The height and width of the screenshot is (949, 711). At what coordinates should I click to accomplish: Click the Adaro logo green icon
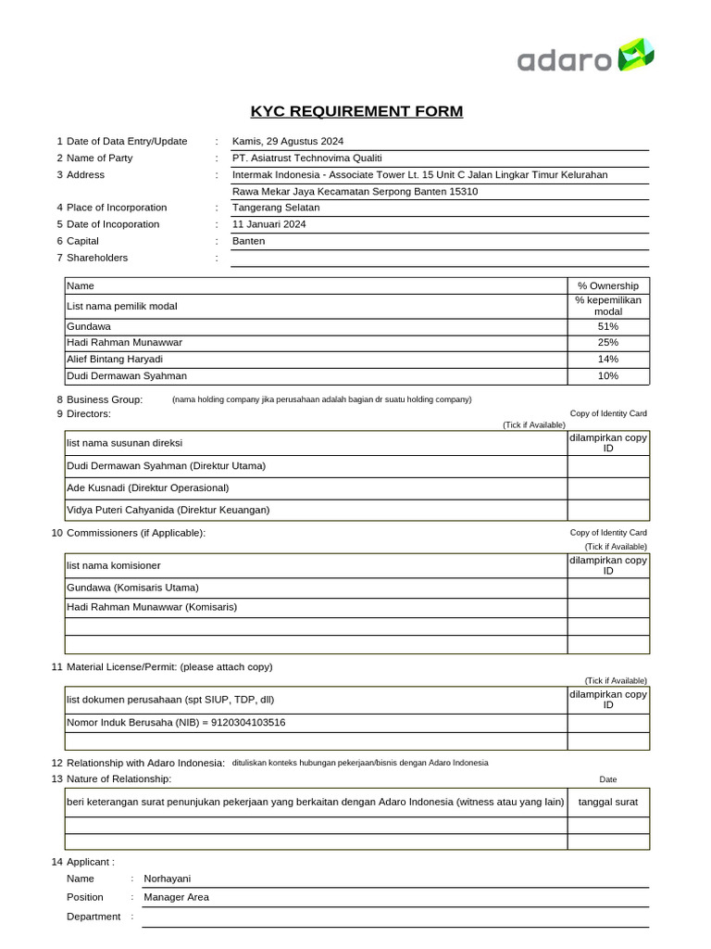(636, 55)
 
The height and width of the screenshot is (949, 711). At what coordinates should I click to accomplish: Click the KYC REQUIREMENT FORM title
(356, 112)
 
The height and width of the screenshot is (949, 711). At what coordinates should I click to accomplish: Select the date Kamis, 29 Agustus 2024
(287, 141)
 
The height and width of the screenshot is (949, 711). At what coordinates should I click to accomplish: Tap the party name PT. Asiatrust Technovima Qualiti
(306, 158)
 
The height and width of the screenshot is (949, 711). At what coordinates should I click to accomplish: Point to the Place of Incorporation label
(117, 208)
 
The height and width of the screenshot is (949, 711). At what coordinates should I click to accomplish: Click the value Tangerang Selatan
(275, 208)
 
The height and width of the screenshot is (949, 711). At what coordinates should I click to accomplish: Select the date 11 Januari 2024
(268, 224)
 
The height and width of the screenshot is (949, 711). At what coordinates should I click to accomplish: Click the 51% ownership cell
(607, 326)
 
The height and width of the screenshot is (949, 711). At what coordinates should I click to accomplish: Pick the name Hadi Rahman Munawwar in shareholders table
(124, 343)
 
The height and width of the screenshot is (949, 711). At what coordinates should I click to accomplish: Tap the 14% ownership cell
(607, 360)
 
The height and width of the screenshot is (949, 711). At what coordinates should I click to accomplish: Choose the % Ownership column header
(607, 285)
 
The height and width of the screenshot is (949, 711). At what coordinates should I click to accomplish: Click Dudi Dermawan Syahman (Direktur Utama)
(171, 466)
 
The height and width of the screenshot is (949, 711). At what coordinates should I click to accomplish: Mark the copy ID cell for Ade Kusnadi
(607, 488)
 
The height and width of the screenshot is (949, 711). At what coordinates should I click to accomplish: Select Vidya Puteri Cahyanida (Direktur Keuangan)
(168, 510)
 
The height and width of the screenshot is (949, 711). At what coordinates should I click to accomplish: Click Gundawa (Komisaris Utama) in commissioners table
(132, 588)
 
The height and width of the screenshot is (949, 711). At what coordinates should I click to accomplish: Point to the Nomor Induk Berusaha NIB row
(176, 723)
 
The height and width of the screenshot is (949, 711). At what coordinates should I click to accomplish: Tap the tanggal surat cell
(607, 802)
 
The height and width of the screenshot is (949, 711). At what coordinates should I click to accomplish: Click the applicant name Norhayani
(167, 879)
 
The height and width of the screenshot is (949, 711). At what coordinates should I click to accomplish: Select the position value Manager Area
(176, 897)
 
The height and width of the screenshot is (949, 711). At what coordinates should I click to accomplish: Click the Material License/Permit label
(169, 666)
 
